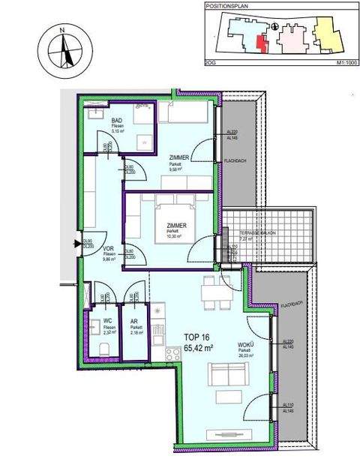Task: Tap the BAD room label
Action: [117, 122]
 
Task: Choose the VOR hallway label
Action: [108, 247]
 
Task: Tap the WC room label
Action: [108, 320]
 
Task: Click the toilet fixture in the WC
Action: [106, 346]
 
